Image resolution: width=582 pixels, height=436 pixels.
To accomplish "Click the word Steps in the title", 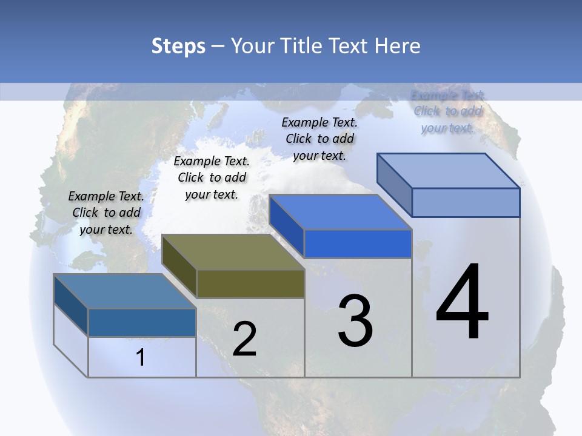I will coord(178,46).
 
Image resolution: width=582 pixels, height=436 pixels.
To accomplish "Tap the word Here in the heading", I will coord(397,46).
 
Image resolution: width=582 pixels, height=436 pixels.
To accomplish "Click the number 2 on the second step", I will coord(244,339).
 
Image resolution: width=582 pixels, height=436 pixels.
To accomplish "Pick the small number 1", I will coord(141,357).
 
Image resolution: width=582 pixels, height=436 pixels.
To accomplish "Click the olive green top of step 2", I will coord(233,252).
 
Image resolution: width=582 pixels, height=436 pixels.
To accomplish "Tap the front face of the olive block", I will coord(250,283).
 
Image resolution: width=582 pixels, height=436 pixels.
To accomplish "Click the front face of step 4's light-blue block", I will coord(466,202).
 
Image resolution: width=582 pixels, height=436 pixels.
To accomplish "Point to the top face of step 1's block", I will coord(125,291).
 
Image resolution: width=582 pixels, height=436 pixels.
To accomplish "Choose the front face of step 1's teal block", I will coord(142,322).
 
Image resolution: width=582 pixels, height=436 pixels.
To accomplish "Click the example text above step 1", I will coord(106,213).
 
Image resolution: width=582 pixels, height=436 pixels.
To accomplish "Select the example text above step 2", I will coord(212,177).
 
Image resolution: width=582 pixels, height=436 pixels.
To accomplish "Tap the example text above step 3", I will coord(319,139).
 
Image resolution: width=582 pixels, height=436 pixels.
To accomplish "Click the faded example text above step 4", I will coord(448,111).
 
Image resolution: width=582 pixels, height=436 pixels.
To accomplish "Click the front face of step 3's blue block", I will coord(358,243).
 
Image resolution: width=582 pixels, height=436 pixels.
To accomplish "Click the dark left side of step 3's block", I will coord(287,225).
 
